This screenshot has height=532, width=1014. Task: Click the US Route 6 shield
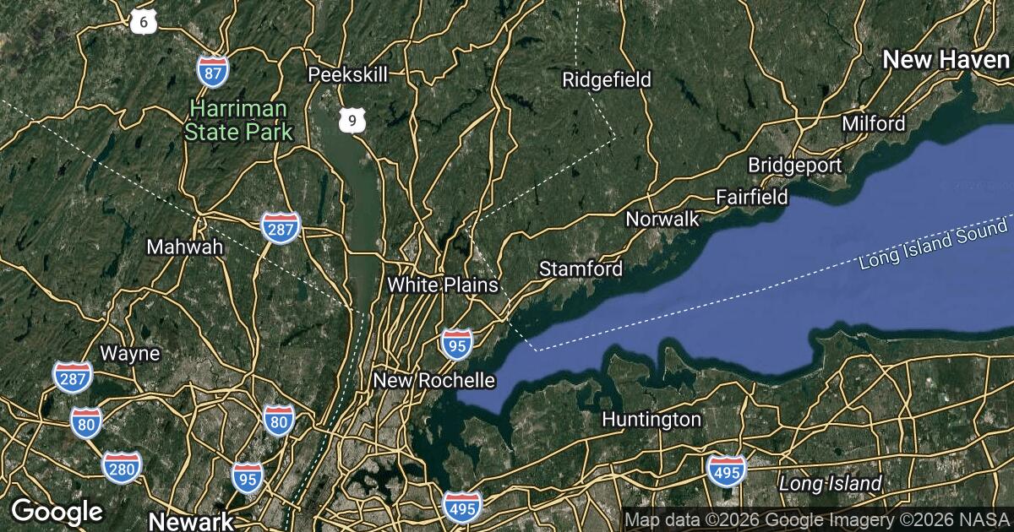click(x=144, y=22)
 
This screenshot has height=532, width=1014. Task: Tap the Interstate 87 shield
click(x=212, y=72)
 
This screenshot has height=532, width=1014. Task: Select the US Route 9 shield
click(x=352, y=121)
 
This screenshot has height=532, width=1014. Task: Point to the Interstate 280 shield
click(x=122, y=466)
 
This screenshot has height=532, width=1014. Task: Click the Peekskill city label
click(x=347, y=74)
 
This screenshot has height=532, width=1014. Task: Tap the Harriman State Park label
click(x=239, y=120)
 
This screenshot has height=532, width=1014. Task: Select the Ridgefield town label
click(x=607, y=80)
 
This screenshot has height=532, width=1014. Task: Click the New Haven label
click(x=946, y=59)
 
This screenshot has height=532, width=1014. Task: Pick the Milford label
click(x=874, y=124)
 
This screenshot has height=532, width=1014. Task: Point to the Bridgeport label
click(x=790, y=165)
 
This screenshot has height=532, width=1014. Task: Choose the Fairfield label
click(x=751, y=198)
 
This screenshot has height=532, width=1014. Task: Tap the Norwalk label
click(x=662, y=220)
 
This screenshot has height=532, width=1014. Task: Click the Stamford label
click(x=581, y=269)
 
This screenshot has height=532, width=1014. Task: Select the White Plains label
click(x=443, y=285)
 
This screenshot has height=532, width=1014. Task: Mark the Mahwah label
click(x=184, y=247)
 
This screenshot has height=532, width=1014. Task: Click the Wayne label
click(x=129, y=353)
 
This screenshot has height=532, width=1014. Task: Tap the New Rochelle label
click(x=433, y=381)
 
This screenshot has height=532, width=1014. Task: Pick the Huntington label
click(x=651, y=420)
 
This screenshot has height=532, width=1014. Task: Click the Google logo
click(x=57, y=511)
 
